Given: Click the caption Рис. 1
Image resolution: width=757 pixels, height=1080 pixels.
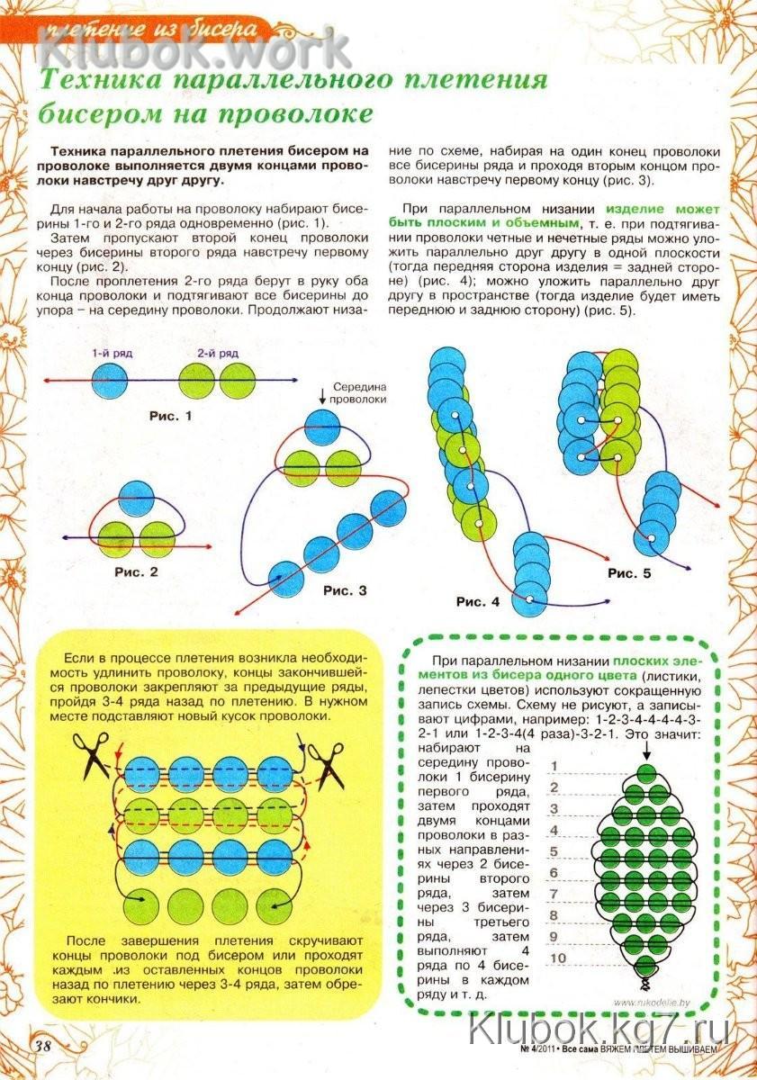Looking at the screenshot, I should (x=169, y=416).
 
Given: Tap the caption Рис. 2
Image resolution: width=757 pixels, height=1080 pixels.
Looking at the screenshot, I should (x=137, y=571).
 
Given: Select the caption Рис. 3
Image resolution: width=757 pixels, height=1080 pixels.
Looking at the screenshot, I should (x=345, y=590).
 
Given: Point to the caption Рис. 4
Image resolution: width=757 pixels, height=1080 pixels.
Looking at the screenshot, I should (x=476, y=601).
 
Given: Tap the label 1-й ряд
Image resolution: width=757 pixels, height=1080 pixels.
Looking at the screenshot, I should (x=111, y=355).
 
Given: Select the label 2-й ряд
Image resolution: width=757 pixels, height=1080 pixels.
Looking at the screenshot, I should (x=220, y=355).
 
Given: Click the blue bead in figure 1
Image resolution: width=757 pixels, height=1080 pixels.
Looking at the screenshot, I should (x=111, y=381).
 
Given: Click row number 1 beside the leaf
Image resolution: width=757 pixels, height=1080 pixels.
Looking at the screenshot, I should (x=555, y=767).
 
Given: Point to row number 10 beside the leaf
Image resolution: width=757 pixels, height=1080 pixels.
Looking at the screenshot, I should (x=558, y=958).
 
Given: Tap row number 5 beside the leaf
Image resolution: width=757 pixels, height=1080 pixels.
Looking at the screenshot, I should (x=555, y=851).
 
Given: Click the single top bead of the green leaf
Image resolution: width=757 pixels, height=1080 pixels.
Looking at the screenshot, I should (x=645, y=774).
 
